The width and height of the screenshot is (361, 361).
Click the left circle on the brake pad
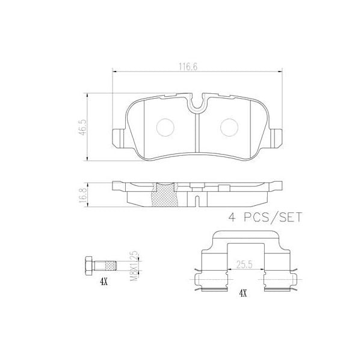click(x=164, y=127)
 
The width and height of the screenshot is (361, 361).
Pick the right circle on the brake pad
click(x=229, y=127)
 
